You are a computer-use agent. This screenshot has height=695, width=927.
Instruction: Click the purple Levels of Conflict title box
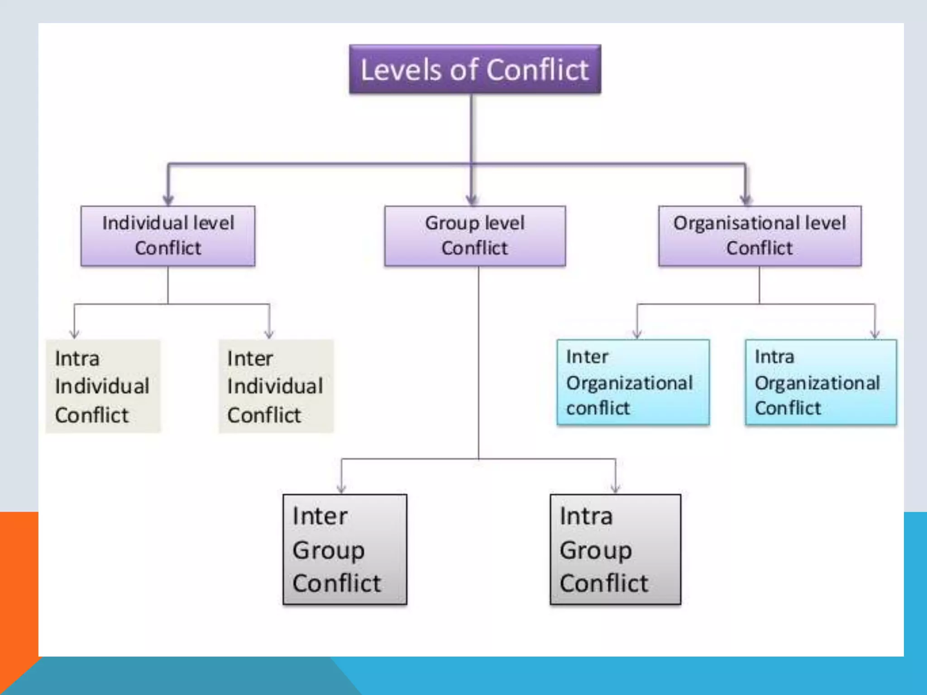(475, 69)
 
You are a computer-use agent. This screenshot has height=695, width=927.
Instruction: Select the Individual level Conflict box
(168, 236)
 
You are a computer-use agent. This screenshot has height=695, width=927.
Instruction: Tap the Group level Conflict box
(475, 236)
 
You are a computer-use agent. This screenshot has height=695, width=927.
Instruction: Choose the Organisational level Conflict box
(760, 236)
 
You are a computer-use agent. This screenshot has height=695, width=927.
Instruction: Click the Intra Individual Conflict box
(103, 386)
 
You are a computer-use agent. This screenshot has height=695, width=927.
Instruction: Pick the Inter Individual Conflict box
(276, 386)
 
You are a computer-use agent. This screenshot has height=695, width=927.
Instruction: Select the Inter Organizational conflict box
(633, 382)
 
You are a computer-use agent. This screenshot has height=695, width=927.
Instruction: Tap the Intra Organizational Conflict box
(821, 382)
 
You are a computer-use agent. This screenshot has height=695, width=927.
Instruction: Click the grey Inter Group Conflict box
(345, 549)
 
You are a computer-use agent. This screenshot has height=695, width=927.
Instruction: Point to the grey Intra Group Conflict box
(615, 549)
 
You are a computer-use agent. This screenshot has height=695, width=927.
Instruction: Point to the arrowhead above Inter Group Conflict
(342, 488)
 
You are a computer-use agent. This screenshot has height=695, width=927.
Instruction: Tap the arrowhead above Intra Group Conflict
(616, 488)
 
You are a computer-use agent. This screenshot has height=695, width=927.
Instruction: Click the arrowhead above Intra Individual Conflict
(75, 334)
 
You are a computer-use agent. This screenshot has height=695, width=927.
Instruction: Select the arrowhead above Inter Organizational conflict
(637, 334)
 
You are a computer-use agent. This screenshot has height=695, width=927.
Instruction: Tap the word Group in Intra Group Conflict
(596, 551)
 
